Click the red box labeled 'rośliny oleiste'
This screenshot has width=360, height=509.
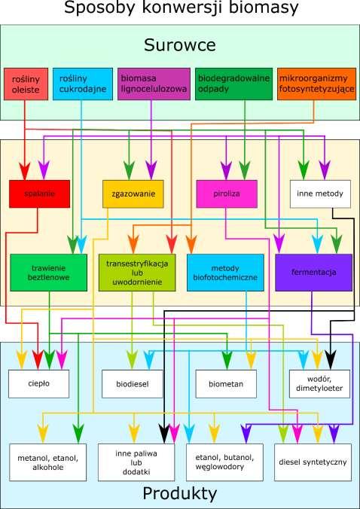tap(26, 84)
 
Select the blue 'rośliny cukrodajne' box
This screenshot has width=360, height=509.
tap(83, 84)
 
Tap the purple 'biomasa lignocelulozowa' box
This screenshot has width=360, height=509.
tap(154, 84)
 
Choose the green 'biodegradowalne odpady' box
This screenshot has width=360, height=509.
tap(233, 84)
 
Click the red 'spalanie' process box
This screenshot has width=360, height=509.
tap(39, 194)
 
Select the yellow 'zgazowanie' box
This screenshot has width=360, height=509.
tap(133, 194)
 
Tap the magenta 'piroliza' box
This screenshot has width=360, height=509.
tap(227, 194)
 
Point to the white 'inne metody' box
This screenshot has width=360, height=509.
tap(320, 194)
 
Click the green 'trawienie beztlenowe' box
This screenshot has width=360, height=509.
tap(49, 273)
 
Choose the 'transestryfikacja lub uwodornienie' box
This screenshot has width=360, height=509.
tap(137, 273)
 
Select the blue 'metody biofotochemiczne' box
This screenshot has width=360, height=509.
tap(225, 273)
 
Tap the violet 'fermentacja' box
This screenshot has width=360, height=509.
tap(313, 273)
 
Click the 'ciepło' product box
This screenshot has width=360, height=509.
tap(38, 384)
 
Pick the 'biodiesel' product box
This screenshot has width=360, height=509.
tap(132, 384)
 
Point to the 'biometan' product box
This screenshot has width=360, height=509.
tap(226, 384)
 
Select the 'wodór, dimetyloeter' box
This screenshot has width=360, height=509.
tap(319, 384)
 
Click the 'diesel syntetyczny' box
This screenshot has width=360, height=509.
tap(313, 462)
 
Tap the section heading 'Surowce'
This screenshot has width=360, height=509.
tap(180, 44)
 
